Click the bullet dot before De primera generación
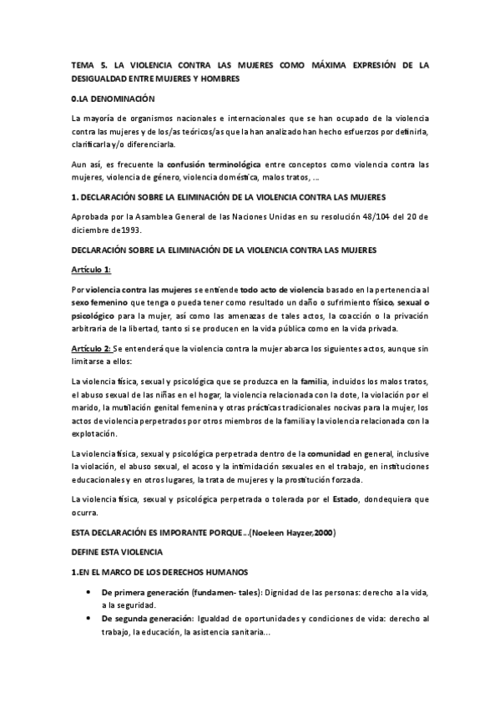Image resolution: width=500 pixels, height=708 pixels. pyautogui.click(x=89, y=591)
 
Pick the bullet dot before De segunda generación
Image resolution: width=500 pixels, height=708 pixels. pyautogui.click(x=89, y=619)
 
